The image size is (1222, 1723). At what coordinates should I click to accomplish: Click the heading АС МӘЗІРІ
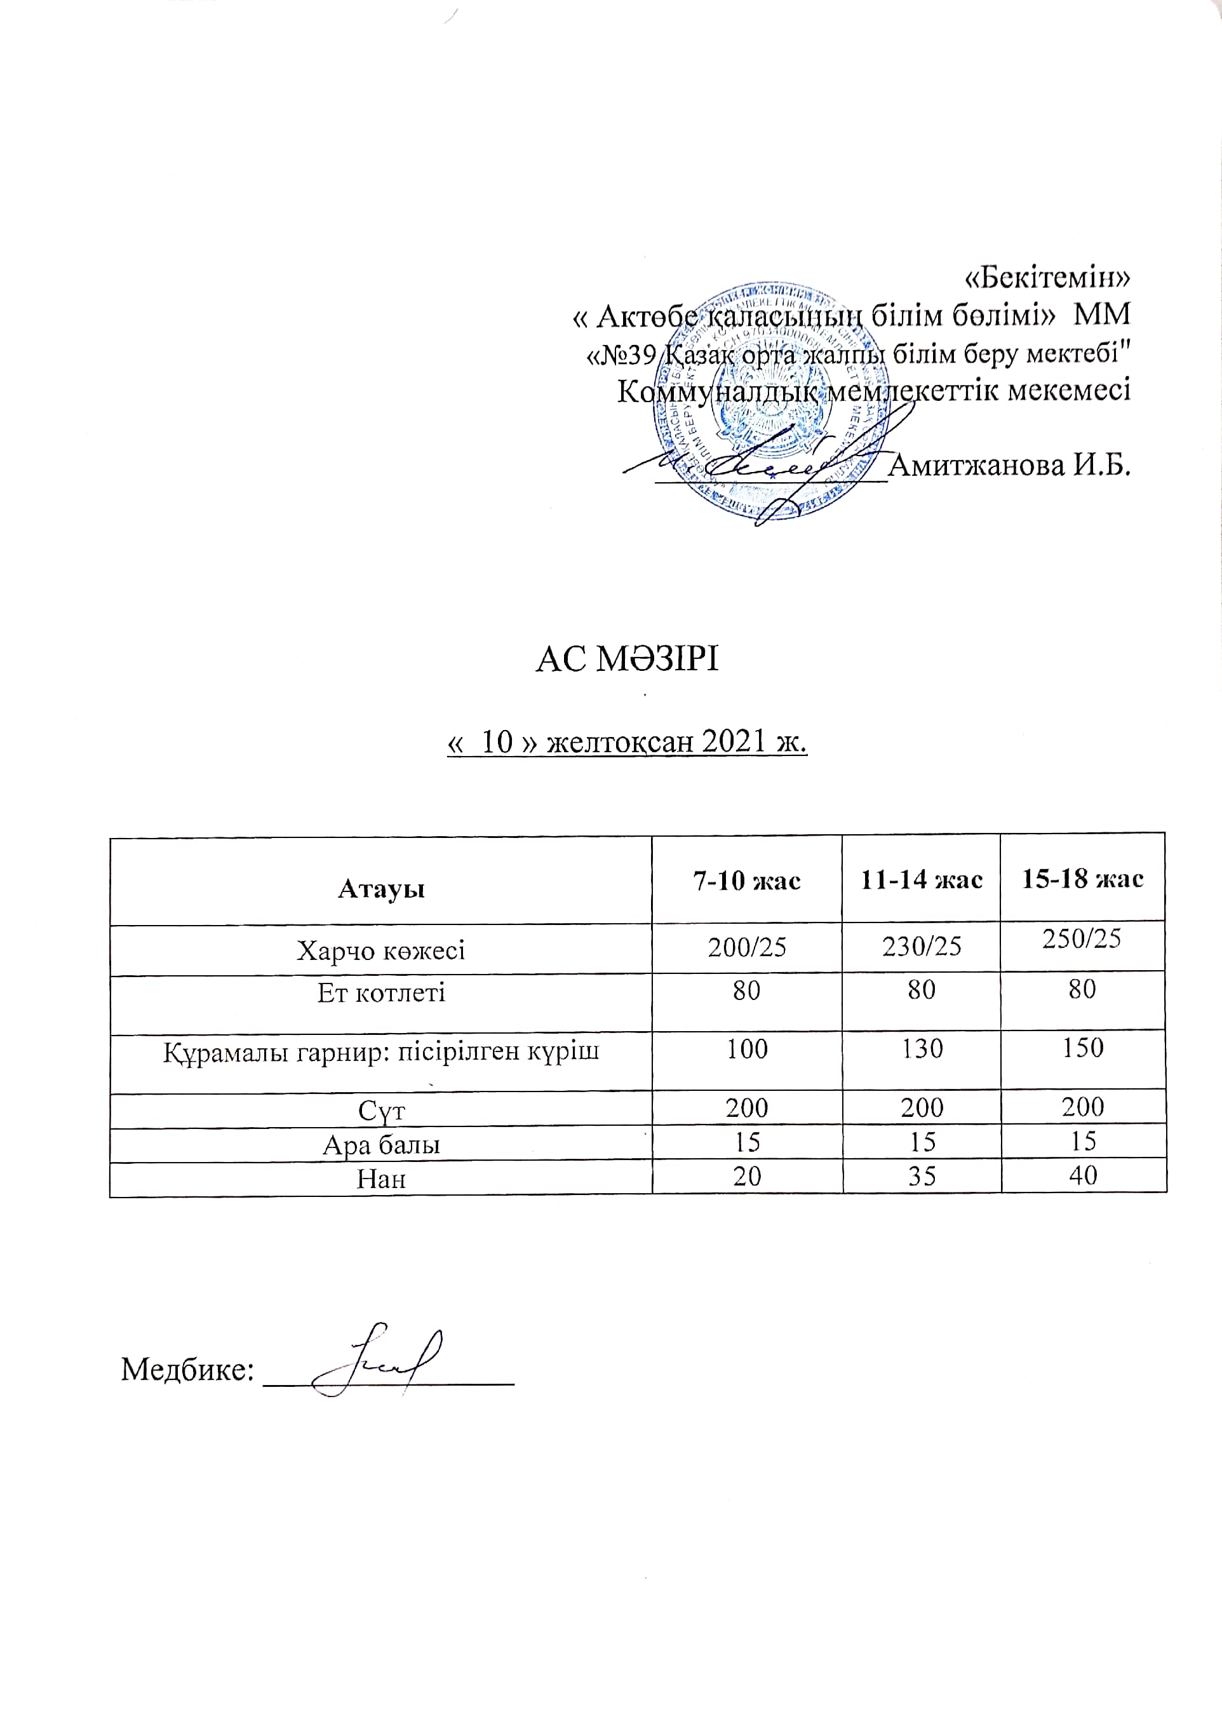pyautogui.click(x=627, y=659)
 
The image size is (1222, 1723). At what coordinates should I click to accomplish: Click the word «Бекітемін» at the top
pyautogui.click(x=1047, y=278)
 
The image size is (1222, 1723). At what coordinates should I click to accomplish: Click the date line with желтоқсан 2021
pyautogui.click(x=627, y=743)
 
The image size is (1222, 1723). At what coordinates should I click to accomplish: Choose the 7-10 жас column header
pyautogui.click(x=746, y=880)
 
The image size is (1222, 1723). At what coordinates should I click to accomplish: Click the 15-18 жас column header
pyautogui.click(x=1082, y=879)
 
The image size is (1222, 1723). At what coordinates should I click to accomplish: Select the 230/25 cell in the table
pyautogui.click(x=922, y=946)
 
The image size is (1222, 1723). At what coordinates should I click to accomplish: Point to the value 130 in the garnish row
pyautogui.click(x=922, y=1048)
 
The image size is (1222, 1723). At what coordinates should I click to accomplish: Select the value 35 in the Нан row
pyautogui.click(x=922, y=1176)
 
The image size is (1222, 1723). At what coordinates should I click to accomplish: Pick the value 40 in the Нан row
pyautogui.click(x=1083, y=1175)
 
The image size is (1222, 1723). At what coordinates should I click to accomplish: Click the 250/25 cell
pyautogui.click(x=1082, y=938)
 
